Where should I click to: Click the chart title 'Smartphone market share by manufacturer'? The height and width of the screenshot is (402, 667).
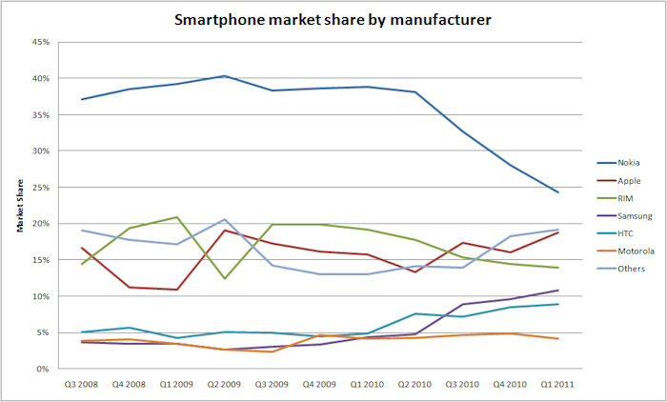pos(333,18)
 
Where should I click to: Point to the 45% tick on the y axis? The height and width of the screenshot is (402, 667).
pos(41,42)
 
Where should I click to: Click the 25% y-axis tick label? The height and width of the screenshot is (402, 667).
pos(41,188)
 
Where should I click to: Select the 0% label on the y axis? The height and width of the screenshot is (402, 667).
pos(44,369)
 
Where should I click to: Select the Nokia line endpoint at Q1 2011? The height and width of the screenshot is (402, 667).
pos(584,192)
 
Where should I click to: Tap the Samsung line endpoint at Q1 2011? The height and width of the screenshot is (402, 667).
pos(584,290)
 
